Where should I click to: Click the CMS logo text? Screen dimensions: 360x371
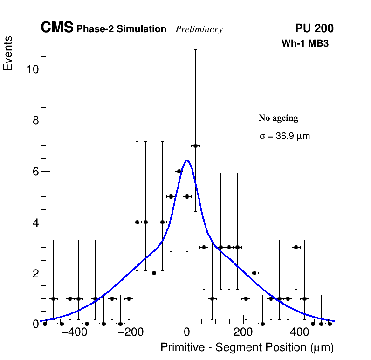tap(57, 28)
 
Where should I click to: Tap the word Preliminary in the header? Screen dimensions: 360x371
tap(199, 29)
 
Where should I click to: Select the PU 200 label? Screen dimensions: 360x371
tap(314, 28)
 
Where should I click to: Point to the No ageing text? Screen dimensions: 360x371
tap(278, 118)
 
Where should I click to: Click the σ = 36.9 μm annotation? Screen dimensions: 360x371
tap(284, 137)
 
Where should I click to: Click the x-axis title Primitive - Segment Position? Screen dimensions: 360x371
tap(247, 348)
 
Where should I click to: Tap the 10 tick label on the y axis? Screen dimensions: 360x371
tap(32, 69)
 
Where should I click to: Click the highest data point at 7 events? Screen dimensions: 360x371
tap(195, 145)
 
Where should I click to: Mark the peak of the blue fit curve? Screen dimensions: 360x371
tap(187, 160)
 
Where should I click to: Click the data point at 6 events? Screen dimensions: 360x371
tap(179, 171)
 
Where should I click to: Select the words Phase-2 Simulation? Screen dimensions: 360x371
tap(121, 29)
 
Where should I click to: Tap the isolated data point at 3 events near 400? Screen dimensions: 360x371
tap(296, 247)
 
